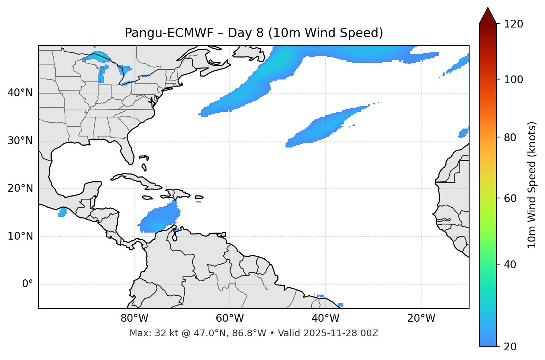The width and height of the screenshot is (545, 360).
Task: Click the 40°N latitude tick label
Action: pyautogui.click(x=20, y=93)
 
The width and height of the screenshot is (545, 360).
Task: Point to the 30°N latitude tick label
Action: pyautogui.click(x=20, y=141)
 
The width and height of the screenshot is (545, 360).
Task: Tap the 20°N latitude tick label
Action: pyautogui.click(x=20, y=188)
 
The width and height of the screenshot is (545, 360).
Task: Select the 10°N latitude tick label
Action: pyautogui.click(x=20, y=236)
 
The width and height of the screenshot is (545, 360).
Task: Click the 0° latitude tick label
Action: pyautogui.click(x=28, y=284)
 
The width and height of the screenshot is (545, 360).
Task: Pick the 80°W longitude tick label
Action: pyautogui.click(x=134, y=318)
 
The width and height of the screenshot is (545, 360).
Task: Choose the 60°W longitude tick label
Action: pyautogui.click(x=230, y=318)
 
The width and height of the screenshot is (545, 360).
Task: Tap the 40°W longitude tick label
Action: pyautogui.click(x=325, y=318)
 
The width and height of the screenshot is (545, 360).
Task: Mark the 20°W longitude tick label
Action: pyautogui.click(x=421, y=318)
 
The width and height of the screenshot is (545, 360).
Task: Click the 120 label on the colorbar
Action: pyautogui.click(x=513, y=24)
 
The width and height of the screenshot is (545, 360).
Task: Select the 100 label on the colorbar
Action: pyautogui.click(x=513, y=80)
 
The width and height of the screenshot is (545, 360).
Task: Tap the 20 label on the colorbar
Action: pyautogui.click(x=510, y=346)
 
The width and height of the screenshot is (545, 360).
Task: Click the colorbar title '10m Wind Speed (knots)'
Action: pyautogui.click(x=532, y=185)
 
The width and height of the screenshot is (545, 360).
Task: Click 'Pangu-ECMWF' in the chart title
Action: pyautogui.click(x=169, y=33)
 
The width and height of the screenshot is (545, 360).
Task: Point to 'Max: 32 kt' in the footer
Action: pyautogui.click(x=149, y=333)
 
